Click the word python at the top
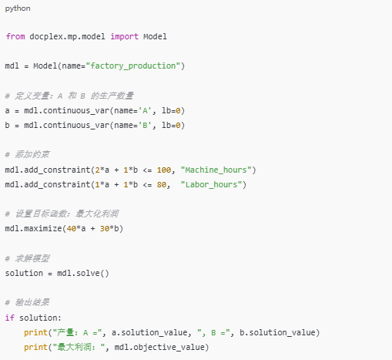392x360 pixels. click(x=18, y=8)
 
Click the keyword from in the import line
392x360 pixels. click(x=15, y=36)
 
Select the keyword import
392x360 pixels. click(x=125, y=37)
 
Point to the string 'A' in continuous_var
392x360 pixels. click(x=145, y=111)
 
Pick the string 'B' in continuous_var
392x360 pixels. click(x=145, y=126)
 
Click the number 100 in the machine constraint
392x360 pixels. click(x=164, y=170)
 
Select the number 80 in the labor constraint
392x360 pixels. click(x=162, y=185)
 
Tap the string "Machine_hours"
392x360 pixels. click(x=216, y=170)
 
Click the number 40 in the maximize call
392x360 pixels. click(x=72, y=228)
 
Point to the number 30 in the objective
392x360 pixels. click(x=105, y=228)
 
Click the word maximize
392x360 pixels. click(x=43, y=228)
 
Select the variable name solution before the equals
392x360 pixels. click(x=24, y=273)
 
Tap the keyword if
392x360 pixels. click(x=10, y=318)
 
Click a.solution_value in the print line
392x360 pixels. click(x=149, y=332)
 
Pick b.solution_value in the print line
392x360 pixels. click(x=277, y=332)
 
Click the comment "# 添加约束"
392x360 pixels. click(x=27, y=155)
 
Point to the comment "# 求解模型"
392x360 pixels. click(x=27, y=258)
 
